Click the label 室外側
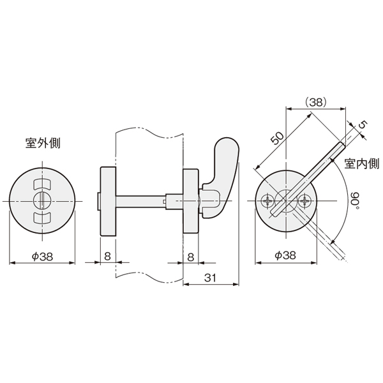[x=43, y=143]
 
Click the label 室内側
[x=362, y=163]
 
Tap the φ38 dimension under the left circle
[x=42, y=256]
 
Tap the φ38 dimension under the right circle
[x=285, y=255]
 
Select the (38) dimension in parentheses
[x=316, y=102]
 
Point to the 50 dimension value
[x=278, y=139]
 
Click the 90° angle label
[x=356, y=200]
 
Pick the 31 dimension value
[x=210, y=278]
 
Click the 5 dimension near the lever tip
[x=363, y=125]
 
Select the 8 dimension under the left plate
[x=107, y=256]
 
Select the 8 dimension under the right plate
[x=191, y=257]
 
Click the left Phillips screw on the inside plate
[x=267, y=201]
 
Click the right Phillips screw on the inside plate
[x=304, y=201]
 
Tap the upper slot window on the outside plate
[x=41, y=184]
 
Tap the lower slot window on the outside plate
[x=41, y=218]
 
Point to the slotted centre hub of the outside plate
[x=42, y=201]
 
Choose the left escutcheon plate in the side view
[x=108, y=201]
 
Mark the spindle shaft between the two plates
[x=140, y=201]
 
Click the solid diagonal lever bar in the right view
[x=308, y=179]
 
